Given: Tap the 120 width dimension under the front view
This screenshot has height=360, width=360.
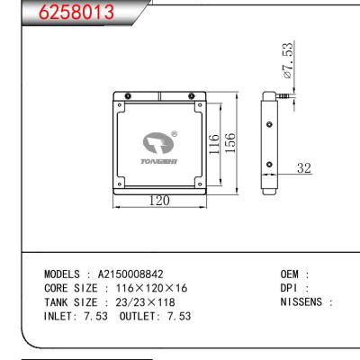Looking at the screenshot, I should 158,201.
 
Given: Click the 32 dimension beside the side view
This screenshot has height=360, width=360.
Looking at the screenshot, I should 304,167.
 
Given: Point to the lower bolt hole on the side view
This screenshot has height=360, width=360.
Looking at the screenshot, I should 270,163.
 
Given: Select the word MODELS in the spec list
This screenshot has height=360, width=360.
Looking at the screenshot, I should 66,274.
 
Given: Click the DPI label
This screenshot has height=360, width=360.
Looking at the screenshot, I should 290,289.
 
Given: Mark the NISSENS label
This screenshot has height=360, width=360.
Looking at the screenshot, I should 302,303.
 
